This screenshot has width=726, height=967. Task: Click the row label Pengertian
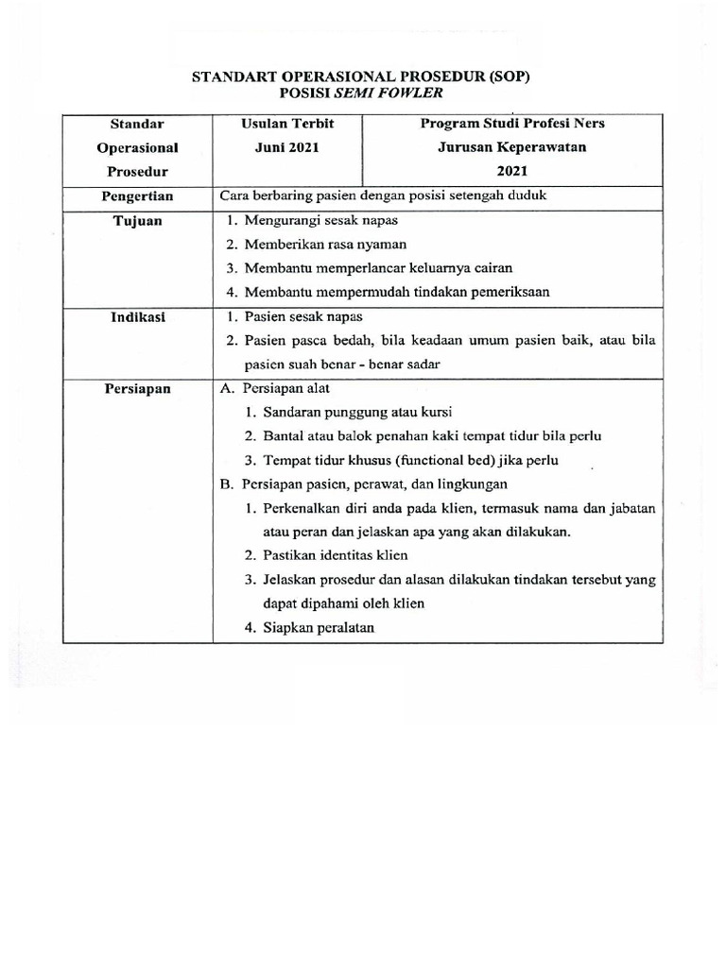coord(137,196)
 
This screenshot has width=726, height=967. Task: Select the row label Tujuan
coord(137,221)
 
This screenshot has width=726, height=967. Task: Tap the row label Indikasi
coord(137,317)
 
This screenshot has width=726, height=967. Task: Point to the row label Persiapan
coord(137,389)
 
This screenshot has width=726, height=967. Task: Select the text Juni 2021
coord(287,147)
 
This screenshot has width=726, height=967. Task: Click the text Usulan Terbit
coord(287,124)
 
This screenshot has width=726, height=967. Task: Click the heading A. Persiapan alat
coord(274,389)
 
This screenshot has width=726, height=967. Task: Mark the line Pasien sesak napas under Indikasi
coord(302,317)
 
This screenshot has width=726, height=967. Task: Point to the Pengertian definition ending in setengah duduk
coord(383,196)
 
